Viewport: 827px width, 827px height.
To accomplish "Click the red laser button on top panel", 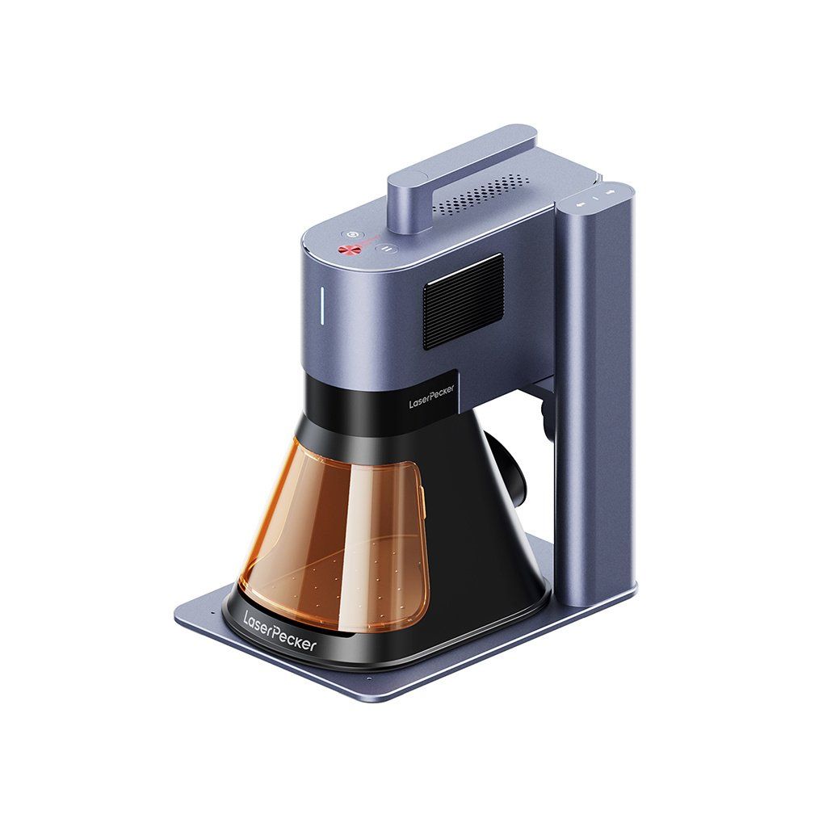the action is [x=346, y=251].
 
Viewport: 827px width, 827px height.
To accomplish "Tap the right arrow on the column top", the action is [x=610, y=191].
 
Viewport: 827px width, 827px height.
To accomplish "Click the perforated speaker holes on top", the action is [x=480, y=196].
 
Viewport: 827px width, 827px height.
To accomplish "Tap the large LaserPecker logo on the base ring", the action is [x=279, y=631].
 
